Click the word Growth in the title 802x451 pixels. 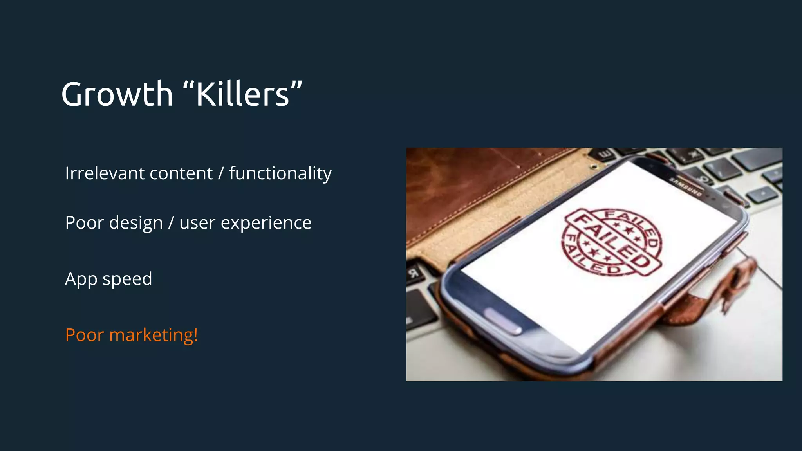tap(117, 94)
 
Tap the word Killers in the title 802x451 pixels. tap(242, 94)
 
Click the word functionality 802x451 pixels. tap(280, 174)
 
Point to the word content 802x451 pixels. tap(181, 173)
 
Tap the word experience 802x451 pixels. tap(266, 223)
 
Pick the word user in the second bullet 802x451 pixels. tap(197, 223)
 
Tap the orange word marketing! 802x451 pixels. tap(154, 335)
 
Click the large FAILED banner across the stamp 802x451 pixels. tap(612, 241)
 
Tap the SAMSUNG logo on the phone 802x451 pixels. tap(685, 187)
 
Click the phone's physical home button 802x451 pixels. tap(504, 321)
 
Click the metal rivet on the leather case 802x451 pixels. tap(594, 167)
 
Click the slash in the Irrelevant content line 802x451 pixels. tap(221, 173)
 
